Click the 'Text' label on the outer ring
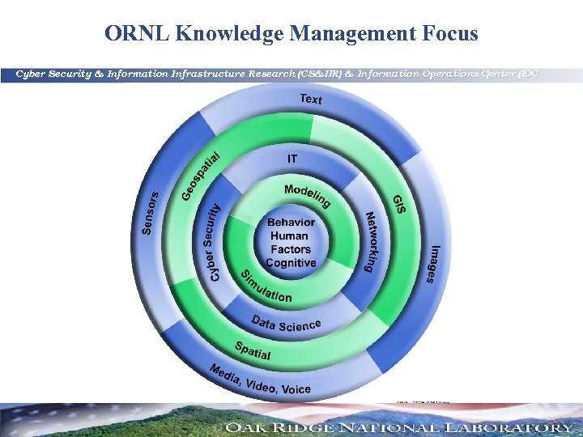click(x=311, y=100)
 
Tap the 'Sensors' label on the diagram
click(x=150, y=212)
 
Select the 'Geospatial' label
click(x=200, y=175)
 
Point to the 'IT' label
click(x=291, y=159)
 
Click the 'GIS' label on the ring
click(x=399, y=203)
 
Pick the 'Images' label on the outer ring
click(x=436, y=264)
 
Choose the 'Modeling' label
click(x=308, y=195)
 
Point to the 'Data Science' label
click(x=286, y=324)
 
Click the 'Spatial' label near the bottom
click(x=253, y=350)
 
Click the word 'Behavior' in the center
click(x=291, y=223)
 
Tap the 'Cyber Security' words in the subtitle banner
click(x=52, y=74)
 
